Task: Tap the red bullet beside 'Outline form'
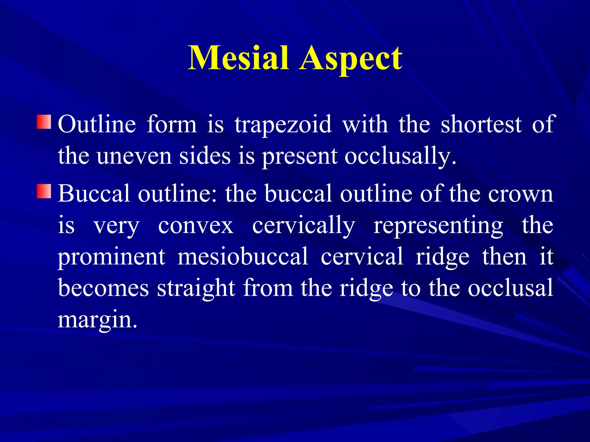pos(44,122)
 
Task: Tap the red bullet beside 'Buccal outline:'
pos(44,191)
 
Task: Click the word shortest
pos(481,124)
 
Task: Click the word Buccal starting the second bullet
pos(94,194)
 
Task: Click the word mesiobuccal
pos(243,257)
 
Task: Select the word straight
pos(196,288)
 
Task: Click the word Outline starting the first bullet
pos(97,124)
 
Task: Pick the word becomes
pos(103,288)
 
